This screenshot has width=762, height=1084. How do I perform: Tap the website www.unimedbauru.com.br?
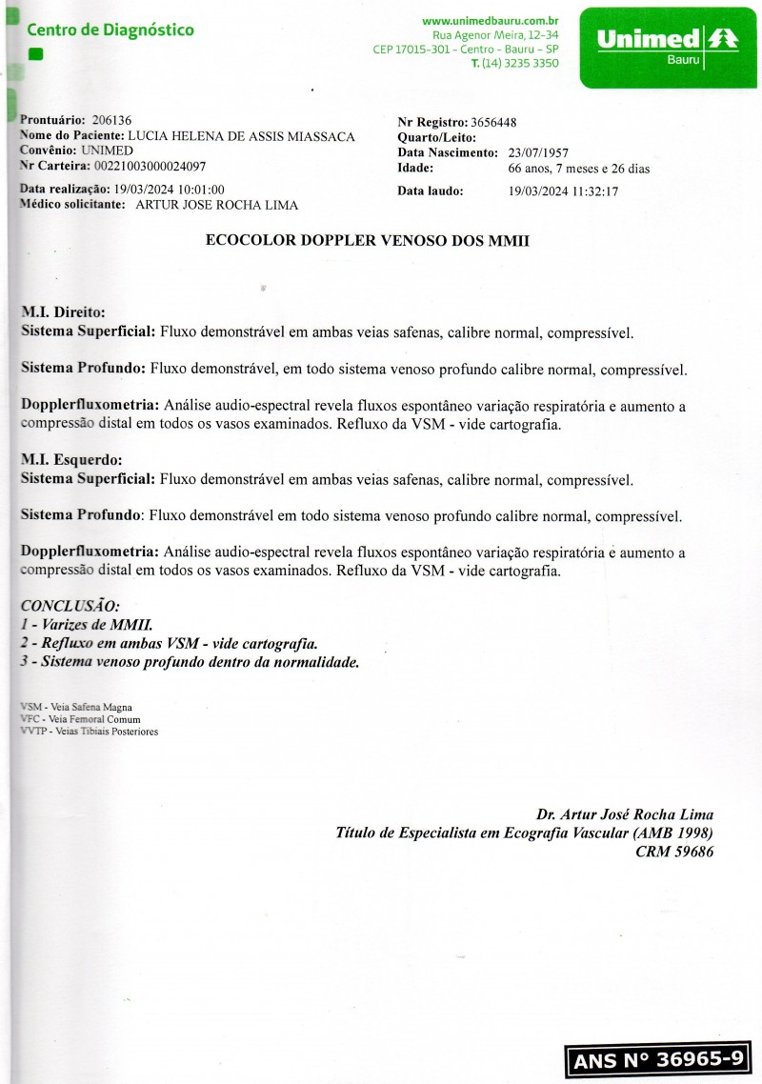click(x=490, y=20)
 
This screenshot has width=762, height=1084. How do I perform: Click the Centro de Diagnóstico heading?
click(x=110, y=30)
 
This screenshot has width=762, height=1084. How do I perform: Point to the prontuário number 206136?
click(x=111, y=120)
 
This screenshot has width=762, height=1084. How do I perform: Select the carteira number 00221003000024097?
click(x=148, y=166)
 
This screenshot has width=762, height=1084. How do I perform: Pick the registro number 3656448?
click(x=493, y=122)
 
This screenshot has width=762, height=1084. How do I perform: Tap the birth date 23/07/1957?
click(x=538, y=152)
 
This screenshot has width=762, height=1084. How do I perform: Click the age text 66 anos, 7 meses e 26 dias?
click(x=579, y=169)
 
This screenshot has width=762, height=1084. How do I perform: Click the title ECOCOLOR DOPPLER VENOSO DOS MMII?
click(x=367, y=242)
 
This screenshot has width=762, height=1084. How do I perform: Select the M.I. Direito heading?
click(x=63, y=311)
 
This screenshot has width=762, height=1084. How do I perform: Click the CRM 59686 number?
click(x=674, y=852)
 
